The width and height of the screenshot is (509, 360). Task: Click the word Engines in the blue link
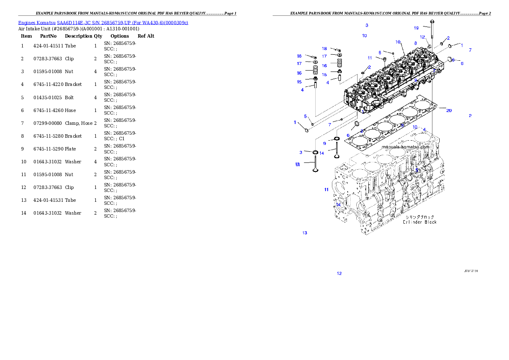(x=27, y=23)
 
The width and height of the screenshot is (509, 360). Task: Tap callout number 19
(x=416, y=28)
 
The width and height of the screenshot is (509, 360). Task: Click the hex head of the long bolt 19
(x=432, y=21)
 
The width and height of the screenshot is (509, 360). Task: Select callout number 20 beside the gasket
(x=449, y=111)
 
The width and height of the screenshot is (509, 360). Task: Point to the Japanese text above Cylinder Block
(x=420, y=217)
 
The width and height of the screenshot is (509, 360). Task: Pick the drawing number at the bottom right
(x=471, y=271)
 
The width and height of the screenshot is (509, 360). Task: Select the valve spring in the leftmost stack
(x=315, y=70)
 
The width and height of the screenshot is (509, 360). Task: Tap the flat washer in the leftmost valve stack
(x=315, y=62)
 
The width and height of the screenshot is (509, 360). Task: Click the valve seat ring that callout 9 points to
(x=337, y=139)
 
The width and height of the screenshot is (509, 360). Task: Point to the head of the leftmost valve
(x=316, y=170)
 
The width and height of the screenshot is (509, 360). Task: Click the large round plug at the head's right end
(x=450, y=59)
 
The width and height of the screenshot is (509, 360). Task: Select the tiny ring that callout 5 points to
(x=312, y=124)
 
